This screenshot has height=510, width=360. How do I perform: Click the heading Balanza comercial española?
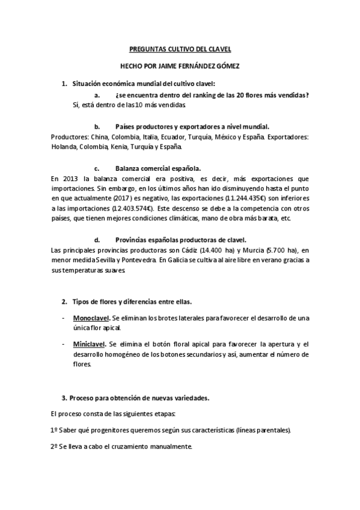pos(157,168)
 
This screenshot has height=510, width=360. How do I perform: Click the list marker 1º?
pos(54,431)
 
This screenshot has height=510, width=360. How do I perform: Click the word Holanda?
pos(64,146)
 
